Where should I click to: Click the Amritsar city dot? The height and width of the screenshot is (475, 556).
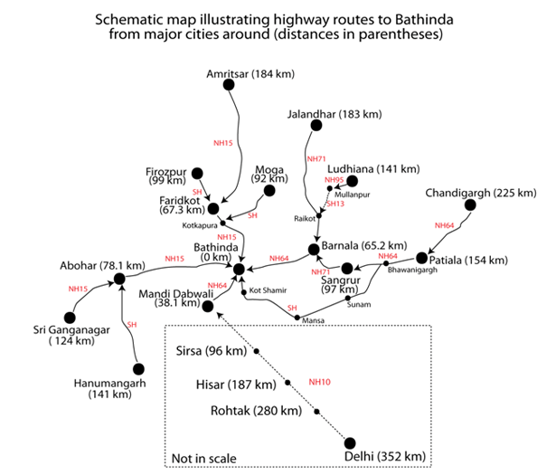click(229, 84)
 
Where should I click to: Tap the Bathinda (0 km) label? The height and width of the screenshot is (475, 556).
click(216, 252)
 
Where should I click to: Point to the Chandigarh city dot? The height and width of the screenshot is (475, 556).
click(470, 205)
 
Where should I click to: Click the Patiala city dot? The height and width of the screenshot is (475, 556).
click(421, 259)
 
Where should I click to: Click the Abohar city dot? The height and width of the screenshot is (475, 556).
click(118, 278)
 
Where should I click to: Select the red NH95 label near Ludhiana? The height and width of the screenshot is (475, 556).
click(335, 180)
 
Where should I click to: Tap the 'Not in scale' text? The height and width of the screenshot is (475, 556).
click(203, 459)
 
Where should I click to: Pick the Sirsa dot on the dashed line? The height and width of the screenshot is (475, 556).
click(256, 351)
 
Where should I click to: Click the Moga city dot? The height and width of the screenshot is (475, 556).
click(269, 190)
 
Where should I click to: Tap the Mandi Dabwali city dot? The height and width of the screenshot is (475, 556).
click(208, 307)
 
